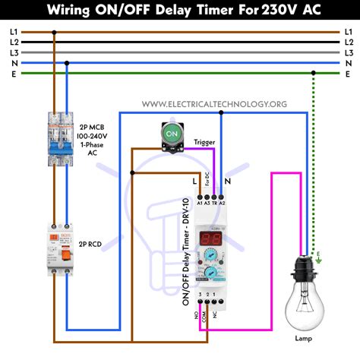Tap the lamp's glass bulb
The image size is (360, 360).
tap(309, 304)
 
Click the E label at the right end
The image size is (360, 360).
tap(348, 74)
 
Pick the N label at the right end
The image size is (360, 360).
tap(348, 63)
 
